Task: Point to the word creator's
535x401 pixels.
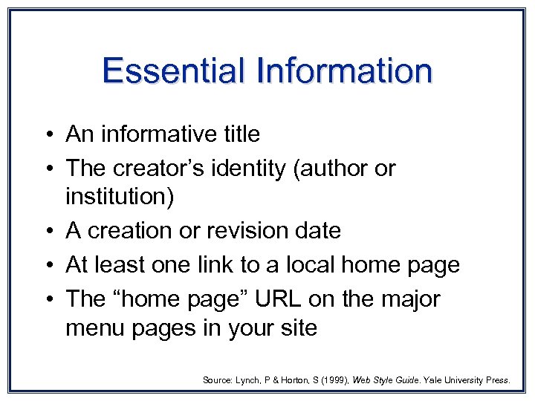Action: [158, 169]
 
